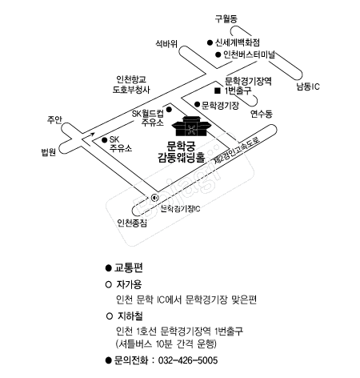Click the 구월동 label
226,18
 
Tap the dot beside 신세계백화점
210,42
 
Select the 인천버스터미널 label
249,54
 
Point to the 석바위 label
166,43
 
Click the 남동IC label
308,86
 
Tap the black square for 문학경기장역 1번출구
218,90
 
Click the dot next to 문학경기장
197,104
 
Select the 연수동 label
262,114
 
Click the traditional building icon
190,126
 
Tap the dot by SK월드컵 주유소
169,109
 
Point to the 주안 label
54,120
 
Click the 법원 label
48,152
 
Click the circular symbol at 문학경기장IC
154,198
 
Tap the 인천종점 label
132,223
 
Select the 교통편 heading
129,267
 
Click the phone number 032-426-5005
188,360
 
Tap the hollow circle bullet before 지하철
110,316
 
